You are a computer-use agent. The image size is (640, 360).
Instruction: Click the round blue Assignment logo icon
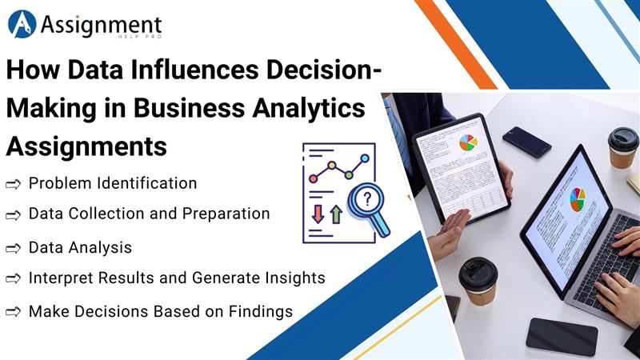22,24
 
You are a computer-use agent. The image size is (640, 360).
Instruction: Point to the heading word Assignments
86,146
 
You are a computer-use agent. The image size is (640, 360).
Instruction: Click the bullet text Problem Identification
112,183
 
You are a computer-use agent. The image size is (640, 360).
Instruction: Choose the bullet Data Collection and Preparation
149,214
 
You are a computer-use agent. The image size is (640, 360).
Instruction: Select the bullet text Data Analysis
80,248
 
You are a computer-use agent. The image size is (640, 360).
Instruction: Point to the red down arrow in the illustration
318,213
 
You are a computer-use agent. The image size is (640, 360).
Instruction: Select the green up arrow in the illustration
336,214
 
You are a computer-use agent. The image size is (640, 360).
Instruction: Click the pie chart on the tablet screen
468,142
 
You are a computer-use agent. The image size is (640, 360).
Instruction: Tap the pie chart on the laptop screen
577,199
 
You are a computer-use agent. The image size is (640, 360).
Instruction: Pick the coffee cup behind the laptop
622,146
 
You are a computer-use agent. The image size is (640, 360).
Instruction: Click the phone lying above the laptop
526,142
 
